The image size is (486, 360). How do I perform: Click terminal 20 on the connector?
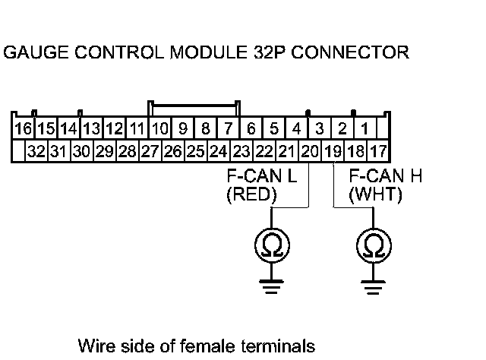tap(309, 150)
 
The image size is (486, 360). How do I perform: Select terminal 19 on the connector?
tap(332, 150)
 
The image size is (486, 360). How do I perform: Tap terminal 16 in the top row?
tap(22, 128)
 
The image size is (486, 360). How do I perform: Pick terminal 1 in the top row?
tap(364, 128)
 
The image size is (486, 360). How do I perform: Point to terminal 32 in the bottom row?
tap(36, 150)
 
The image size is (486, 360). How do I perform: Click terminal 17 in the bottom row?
tap(378, 150)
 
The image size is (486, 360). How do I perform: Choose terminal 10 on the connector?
tap(159, 128)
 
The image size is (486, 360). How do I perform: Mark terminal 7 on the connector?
tap(228, 128)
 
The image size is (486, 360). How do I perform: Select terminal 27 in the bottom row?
tap(150, 150)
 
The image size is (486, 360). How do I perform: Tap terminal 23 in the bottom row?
tap(241, 150)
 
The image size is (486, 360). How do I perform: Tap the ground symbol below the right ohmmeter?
tap(373, 286)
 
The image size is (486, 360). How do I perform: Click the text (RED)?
tap(252, 195)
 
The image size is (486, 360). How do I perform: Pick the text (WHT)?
tap(374, 195)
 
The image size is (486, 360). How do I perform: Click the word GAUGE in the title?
tap(33, 53)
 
